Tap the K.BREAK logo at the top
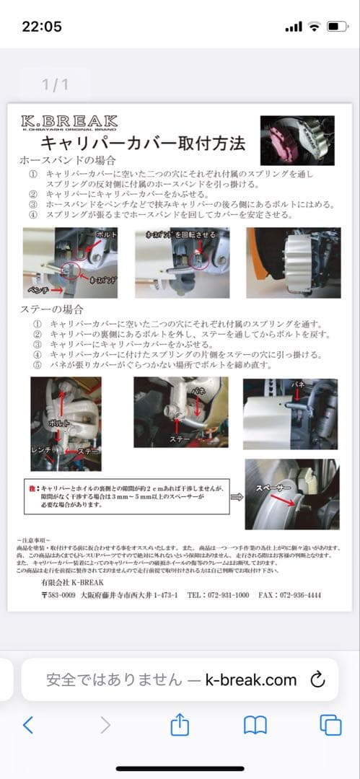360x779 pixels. point(69,123)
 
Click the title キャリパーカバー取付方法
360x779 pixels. point(142,143)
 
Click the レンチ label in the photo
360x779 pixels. point(42,449)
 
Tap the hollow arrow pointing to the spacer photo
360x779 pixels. point(237,496)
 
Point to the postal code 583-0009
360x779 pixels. point(58,595)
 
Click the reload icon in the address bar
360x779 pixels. point(317,679)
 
